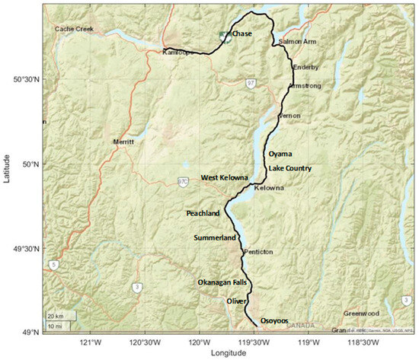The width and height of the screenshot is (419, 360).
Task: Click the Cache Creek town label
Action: point(73,29)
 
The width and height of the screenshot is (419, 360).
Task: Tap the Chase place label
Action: point(241,34)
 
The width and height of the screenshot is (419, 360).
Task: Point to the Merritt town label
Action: point(123,142)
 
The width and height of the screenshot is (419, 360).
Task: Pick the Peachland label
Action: point(203,213)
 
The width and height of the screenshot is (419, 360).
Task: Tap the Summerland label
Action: point(215,238)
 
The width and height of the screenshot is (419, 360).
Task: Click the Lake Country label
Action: point(290,168)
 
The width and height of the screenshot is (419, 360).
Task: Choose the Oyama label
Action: point(280,154)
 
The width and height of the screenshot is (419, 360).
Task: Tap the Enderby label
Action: point(305,68)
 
